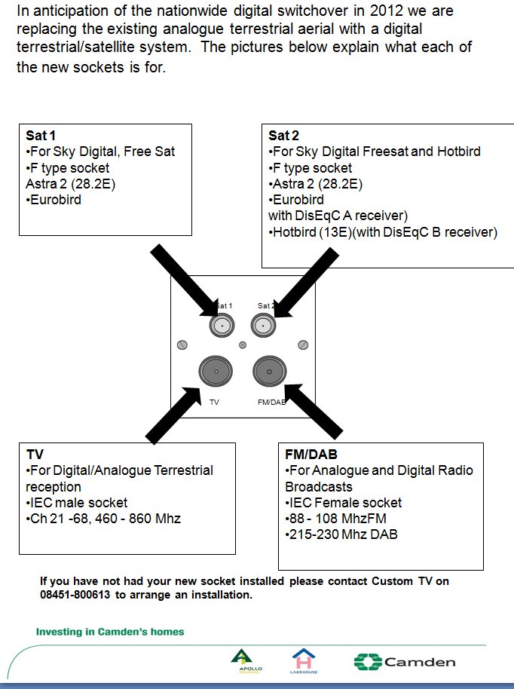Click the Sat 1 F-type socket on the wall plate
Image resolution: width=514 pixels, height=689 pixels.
coord(221,326)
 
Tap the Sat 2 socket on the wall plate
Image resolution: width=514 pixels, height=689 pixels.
coord(262,326)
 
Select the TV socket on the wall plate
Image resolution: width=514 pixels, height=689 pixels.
coord(216,372)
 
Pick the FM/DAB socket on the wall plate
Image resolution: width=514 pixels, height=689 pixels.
coord(268,372)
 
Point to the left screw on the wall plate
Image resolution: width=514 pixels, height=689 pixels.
coord(182,344)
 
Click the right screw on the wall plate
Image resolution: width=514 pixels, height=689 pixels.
coord(302,344)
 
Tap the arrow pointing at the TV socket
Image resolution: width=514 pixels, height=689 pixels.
coord(173,415)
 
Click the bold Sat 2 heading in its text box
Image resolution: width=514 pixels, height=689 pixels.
coord(283,136)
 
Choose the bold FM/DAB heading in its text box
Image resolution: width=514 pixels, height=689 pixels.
coord(311,455)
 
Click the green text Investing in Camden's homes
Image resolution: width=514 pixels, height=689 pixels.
coord(110,632)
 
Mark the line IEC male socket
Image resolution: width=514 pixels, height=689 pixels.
coord(77,503)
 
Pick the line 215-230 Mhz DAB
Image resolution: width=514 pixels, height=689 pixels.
coord(341,534)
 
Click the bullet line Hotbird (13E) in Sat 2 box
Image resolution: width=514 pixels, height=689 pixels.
coord(383,232)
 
